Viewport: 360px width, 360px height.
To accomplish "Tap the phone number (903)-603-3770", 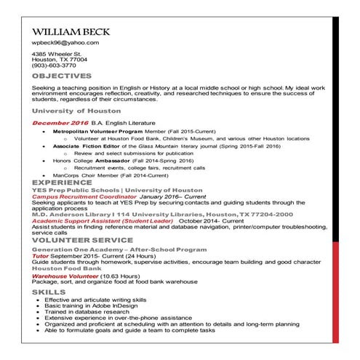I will point(54,65).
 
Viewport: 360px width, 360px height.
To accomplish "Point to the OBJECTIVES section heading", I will point(61,76).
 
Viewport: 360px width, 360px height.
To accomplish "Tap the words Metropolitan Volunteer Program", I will point(112,132).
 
